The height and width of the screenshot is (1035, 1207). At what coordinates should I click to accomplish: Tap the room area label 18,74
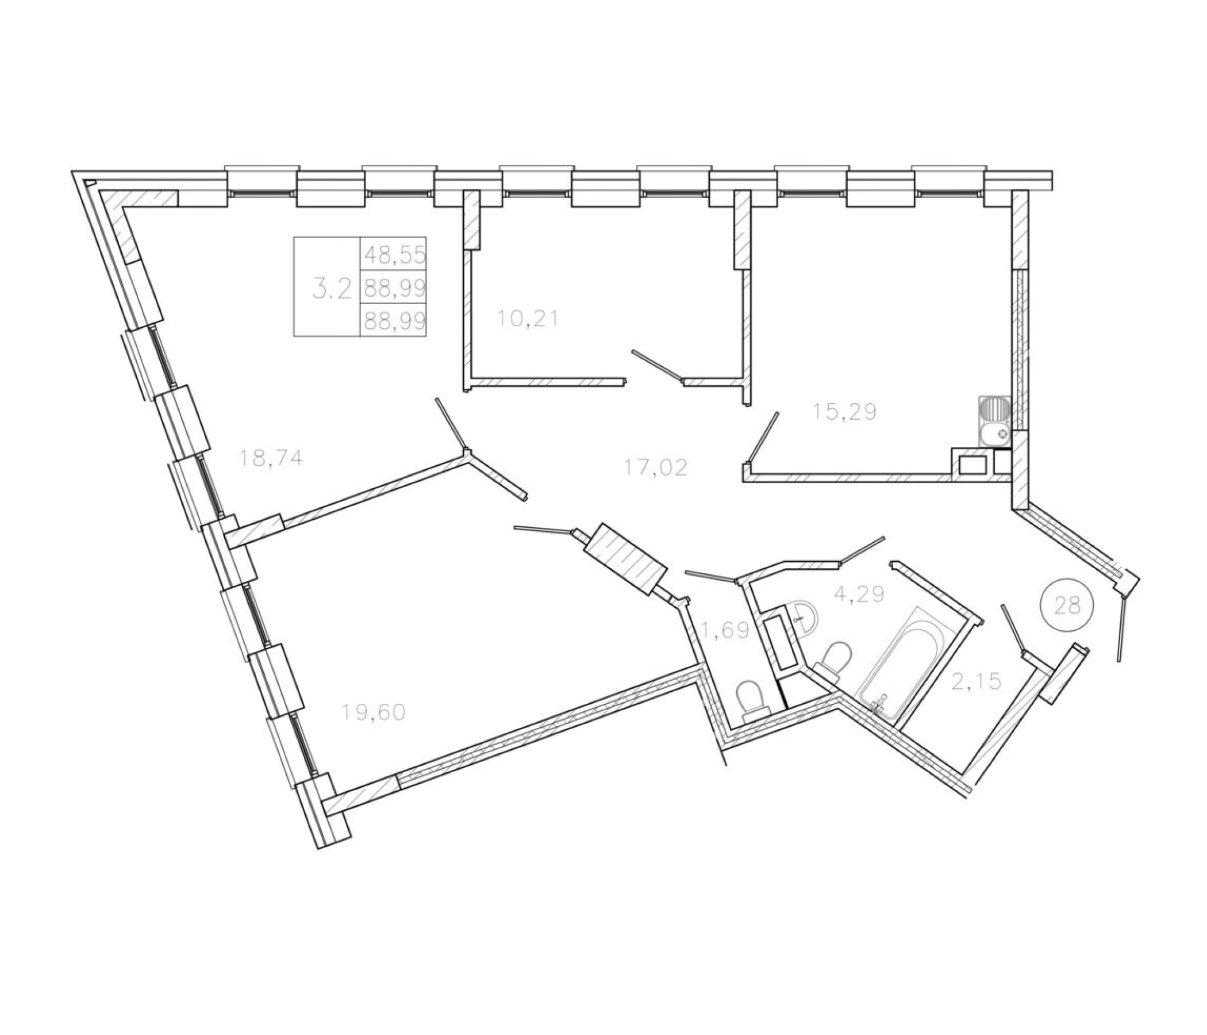[271, 459]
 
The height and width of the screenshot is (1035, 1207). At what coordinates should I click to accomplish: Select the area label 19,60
[374, 712]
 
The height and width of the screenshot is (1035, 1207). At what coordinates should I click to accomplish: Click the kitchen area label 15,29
[845, 412]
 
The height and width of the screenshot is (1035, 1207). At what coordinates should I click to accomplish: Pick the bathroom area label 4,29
[859, 594]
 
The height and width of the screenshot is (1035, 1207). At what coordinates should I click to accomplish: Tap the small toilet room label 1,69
[724, 630]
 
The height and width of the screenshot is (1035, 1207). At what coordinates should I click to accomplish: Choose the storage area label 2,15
[976, 680]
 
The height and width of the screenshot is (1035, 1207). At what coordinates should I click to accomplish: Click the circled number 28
[1067, 606]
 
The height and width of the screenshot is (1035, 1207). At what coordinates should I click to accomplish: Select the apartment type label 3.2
[332, 289]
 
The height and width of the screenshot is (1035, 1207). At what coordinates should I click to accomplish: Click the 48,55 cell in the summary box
[395, 255]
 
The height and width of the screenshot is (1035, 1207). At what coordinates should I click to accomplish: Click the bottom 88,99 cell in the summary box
[395, 320]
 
